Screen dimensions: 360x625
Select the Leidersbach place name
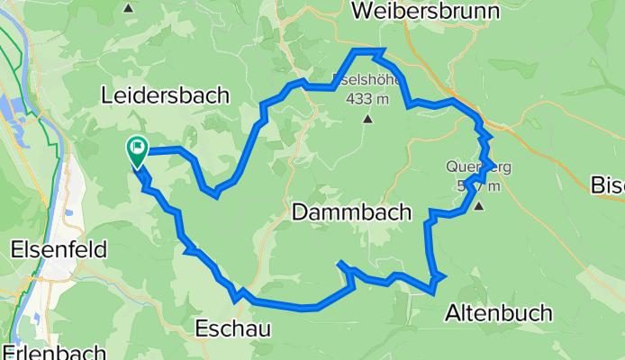(165, 94)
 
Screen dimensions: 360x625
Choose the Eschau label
(232, 329)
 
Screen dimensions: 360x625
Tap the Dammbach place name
(351, 212)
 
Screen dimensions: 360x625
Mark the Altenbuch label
(499, 312)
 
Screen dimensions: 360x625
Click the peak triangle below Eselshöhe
(367, 118)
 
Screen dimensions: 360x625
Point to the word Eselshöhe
(367, 79)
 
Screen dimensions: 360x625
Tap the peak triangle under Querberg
(479, 205)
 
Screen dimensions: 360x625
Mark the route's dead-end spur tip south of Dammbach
(340, 264)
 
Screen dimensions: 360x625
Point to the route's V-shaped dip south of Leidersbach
(213, 192)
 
